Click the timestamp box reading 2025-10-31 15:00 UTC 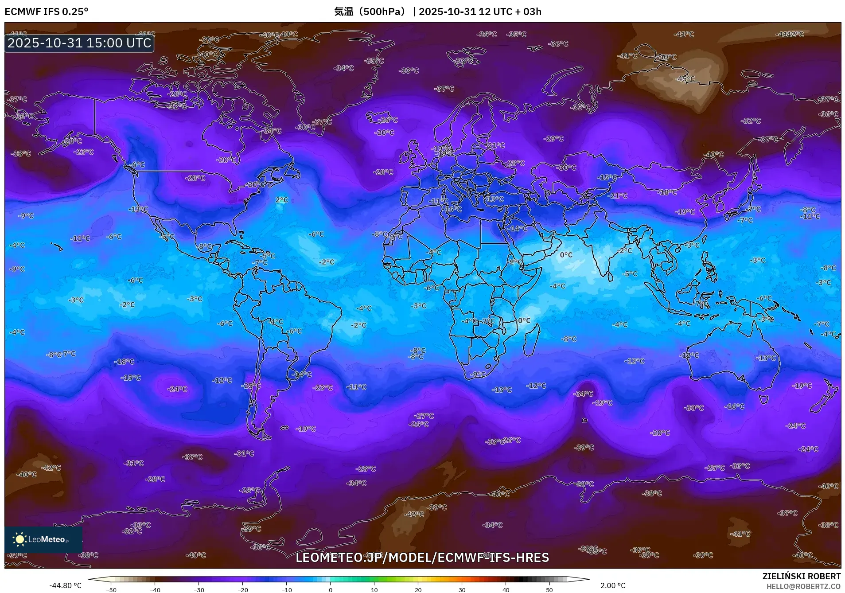pos(79,43)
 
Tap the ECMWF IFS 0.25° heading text pos(47,12)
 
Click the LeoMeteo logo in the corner pos(43,539)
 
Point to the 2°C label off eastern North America pos(281,200)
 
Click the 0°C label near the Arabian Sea pos(566,255)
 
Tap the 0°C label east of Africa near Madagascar pos(524,320)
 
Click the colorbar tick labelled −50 pos(111,589)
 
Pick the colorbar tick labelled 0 pos(330,589)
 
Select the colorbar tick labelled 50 pos(549,589)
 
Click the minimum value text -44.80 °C pos(66,585)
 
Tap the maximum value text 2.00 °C pos(613,585)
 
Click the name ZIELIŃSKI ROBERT pos(801,576)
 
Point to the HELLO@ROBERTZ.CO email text pos(803,586)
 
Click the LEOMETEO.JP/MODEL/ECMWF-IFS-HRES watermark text pos(422,558)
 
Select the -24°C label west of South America pos(177,389)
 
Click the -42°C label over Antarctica pos(415,514)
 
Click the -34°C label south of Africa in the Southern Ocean pos(583,394)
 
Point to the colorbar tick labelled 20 pos(418,589)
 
